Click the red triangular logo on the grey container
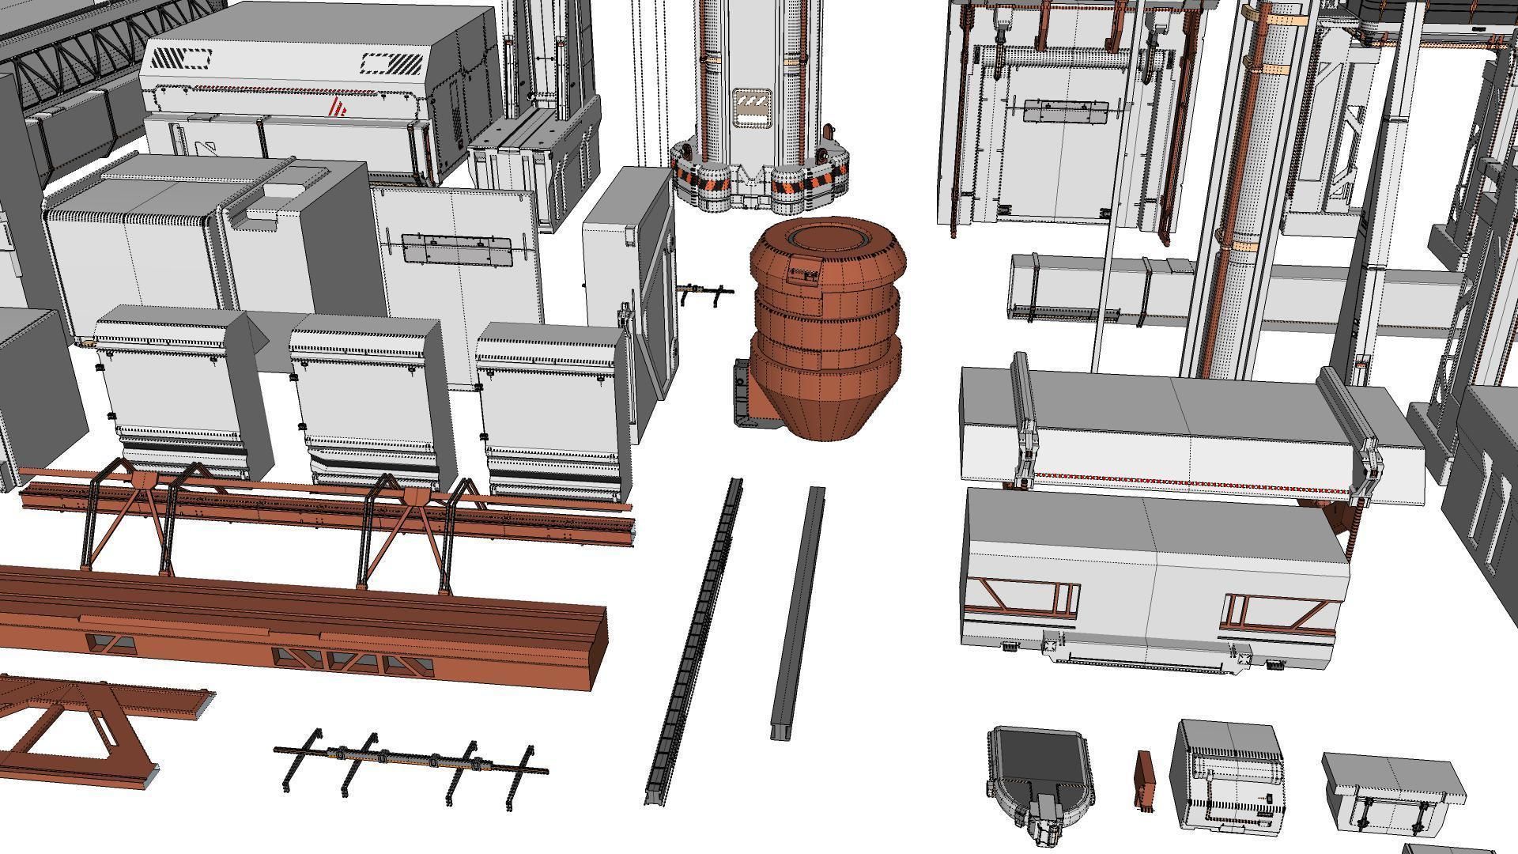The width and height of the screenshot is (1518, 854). pyautogui.click(x=338, y=108)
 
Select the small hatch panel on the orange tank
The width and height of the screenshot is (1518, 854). pyautogui.click(x=805, y=274)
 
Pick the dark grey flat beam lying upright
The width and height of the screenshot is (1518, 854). pyautogui.click(x=797, y=613)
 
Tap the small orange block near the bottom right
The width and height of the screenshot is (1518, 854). pyautogui.click(x=1144, y=780)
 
